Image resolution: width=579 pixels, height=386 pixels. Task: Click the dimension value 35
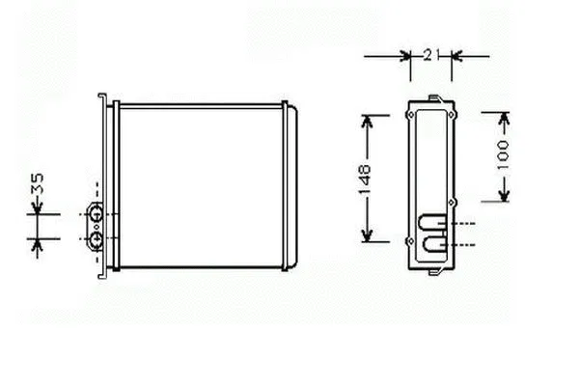click(x=38, y=183)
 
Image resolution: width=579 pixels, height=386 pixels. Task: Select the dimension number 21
click(x=431, y=55)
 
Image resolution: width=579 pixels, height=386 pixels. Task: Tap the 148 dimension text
click(x=365, y=179)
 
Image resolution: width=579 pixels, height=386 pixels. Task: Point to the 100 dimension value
click(x=503, y=154)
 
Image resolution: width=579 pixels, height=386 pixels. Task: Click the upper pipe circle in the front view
click(x=96, y=214)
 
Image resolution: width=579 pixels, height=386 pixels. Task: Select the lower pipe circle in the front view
click(x=96, y=239)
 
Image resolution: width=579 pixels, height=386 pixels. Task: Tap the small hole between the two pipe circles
click(x=96, y=227)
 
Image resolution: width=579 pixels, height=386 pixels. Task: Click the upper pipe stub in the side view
click(x=432, y=223)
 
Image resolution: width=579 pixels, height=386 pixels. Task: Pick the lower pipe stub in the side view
click(x=433, y=244)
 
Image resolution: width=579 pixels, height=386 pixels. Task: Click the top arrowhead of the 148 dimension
click(x=367, y=121)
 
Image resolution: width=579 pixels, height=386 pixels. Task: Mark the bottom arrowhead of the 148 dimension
click(x=367, y=235)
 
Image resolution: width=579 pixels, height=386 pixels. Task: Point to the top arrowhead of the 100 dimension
click(x=505, y=119)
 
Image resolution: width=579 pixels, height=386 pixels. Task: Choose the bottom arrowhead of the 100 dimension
click(x=505, y=195)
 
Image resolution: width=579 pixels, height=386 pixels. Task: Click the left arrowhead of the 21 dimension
click(x=406, y=56)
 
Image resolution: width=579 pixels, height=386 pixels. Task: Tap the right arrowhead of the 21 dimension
click(x=456, y=56)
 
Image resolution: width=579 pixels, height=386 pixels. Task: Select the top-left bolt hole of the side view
click(x=411, y=115)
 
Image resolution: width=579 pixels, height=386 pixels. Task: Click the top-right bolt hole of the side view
click(x=452, y=115)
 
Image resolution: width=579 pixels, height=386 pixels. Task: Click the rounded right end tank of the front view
click(x=292, y=186)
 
